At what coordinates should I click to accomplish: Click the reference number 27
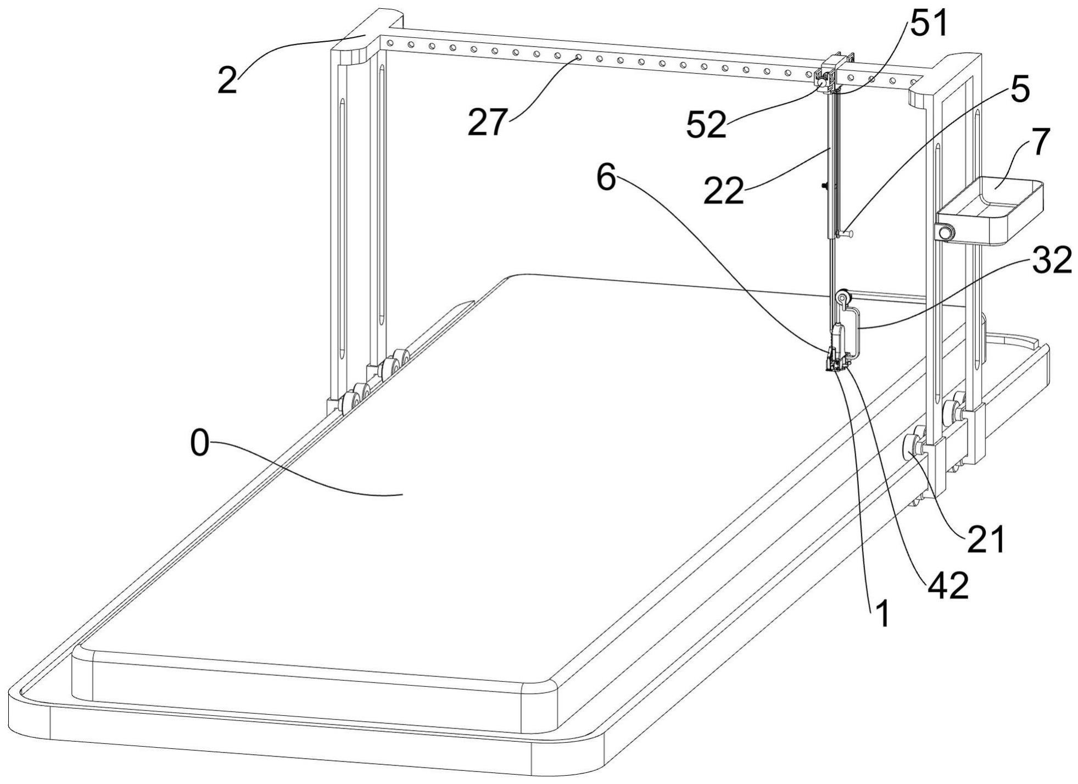click(486, 122)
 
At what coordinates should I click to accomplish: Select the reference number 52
click(706, 125)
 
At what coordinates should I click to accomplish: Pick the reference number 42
click(947, 587)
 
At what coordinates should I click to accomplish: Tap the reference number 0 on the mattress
click(200, 444)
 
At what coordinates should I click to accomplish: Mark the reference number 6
click(606, 179)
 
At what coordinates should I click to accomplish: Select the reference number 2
click(228, 81)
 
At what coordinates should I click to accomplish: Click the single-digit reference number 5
click(1020, 91)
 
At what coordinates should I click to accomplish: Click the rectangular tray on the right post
click(988, 212)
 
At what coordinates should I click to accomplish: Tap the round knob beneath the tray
click(945, 233)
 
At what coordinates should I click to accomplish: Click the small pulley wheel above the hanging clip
click(842, 298)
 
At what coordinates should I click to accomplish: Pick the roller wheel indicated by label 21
click(912, 443)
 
